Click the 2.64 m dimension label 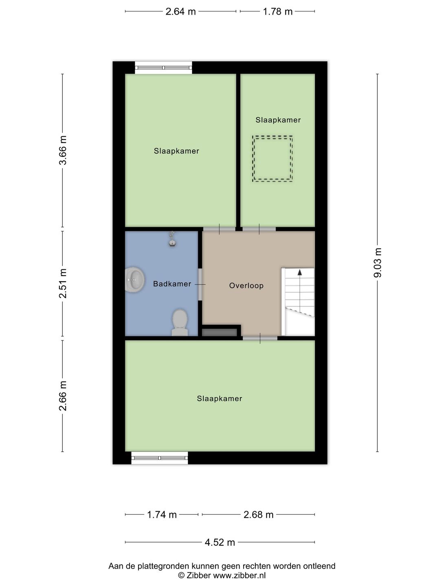tap(180, 11)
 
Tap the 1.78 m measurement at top tap(277, 11)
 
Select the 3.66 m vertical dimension tap(63, 150)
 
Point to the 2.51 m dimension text tap(63, 283)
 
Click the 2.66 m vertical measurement tap(63, 396)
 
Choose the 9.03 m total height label tap(378, 262)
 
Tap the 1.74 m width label tap(162, 515)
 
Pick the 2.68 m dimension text tap(258, 515)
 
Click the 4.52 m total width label tap(220, 542)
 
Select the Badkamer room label tap(172, 284)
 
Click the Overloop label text tap(246, 286)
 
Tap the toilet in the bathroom tap(180, 322)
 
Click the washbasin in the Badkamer tap(134, 280)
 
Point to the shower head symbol tap(173, 240)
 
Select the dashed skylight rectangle tap(272, 159)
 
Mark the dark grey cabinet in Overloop tap(220, 332)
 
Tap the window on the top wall tap(163, 68)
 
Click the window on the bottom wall tap(160, 458)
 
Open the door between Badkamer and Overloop tap(200, 284)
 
